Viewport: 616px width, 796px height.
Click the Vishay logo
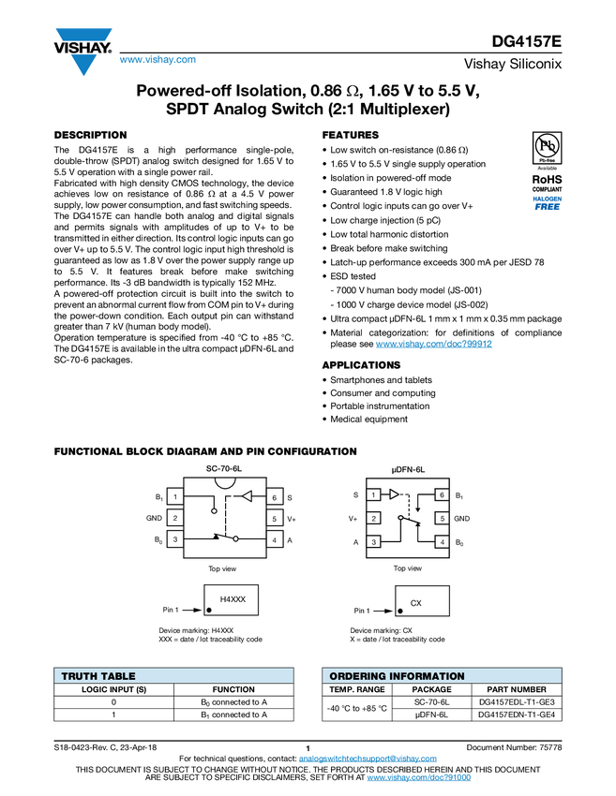(83, 51)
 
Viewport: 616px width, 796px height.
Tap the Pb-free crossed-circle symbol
(547, 146)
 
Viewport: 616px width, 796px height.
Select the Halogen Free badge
(547, 203)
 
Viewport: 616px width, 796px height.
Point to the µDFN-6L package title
(408, 468)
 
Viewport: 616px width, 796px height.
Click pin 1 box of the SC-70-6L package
(174, 496)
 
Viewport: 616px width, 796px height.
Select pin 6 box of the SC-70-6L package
(275, 496)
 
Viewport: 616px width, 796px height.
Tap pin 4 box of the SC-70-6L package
(275, 539)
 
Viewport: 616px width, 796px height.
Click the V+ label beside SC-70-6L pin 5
(292, 519)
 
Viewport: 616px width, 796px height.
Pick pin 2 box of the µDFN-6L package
(373, 518)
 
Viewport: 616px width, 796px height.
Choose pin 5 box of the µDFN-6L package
(441, 518)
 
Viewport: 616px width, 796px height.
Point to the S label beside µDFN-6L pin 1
(355, 494)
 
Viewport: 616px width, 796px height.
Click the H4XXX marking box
(232, 599)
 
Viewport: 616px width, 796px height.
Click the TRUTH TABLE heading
(98, 676)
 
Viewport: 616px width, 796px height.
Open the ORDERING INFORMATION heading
(397, 676)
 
